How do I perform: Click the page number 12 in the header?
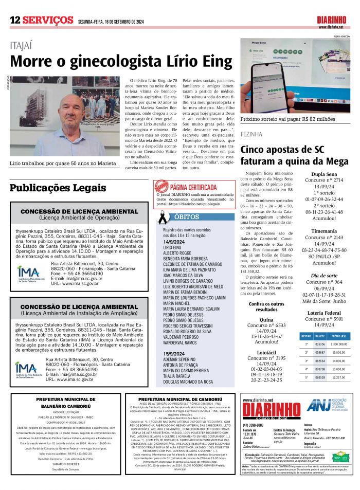(x=14, y=20)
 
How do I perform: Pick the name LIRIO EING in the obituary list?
(x=172, y=247)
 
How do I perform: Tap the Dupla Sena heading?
(x=325, y=174)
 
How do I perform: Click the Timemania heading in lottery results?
(x=325, y=231)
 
